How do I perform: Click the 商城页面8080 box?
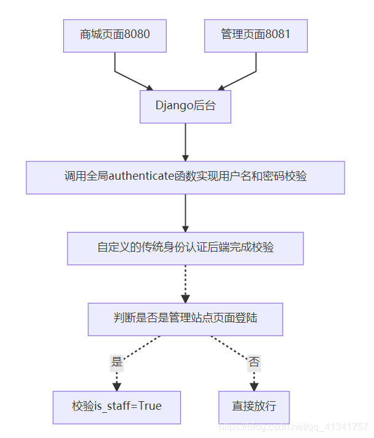pos(115,35)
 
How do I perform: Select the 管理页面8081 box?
pos(256,35)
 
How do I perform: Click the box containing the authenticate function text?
pos(185,177)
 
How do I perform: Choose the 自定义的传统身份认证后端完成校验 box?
pos(185,248)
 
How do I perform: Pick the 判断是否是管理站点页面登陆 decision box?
pos(185,319)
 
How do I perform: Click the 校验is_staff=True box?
pos(116,407)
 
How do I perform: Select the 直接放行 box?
pos(254,407)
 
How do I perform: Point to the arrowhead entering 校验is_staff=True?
pos(116,386)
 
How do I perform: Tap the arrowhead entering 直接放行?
pos(254,386)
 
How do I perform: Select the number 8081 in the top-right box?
pos(277,35)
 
